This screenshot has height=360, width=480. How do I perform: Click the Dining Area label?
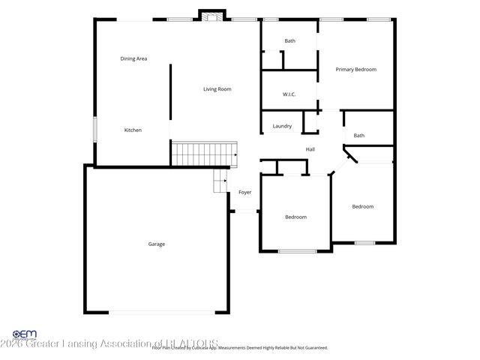pyautogui.click(x=133, y=58)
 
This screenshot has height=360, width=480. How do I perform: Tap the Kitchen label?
pyautogui.click(x=133, y=130)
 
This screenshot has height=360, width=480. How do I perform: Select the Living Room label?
pyautogui.click(x=217, y=89)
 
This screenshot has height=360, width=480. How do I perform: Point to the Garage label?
pyautogui.click(x=156, y=244)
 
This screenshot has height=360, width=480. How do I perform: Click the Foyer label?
pyautogui.click(x=244, y=193)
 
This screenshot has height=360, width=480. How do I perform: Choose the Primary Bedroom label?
pyautogui.click(x=355, y=70)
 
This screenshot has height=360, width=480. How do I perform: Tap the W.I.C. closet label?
pyautogui.click(x=289, y=94)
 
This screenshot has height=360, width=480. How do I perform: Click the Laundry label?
pyautogui.click(x=282, y=126)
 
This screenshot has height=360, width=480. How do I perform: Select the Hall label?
pyautogui.click(x=310, y=150)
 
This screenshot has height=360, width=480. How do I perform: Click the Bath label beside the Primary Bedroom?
pyautogui.click(x=289, y=41)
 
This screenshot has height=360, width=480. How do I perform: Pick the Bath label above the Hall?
pyautogui.click(x=359, y=136)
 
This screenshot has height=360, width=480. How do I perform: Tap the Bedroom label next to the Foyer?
pyautogui.click(x=295, y=217)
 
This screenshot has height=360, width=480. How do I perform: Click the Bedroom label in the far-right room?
pyautogui.click(x=363, y=207)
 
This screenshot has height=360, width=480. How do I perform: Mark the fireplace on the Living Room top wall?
pyautogui.click(x=211, y=15)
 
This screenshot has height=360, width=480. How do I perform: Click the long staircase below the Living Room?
pyautogui.click(x=205, y=154)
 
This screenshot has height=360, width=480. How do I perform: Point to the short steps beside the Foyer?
pyautogui.click(x=220, y=180)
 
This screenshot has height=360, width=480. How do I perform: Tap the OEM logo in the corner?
pyautogui.click(x=24, y=335)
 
